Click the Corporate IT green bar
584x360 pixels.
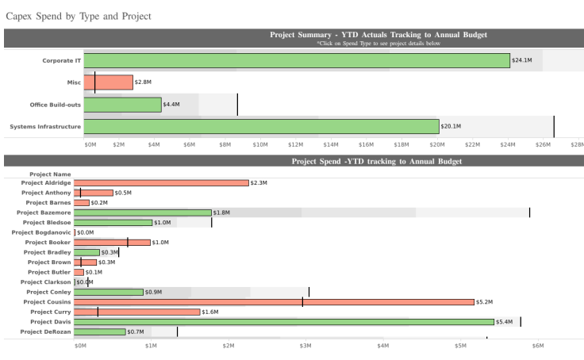point(297,60)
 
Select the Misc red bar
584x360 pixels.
point(108,82)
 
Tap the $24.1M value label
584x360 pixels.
point(522,60)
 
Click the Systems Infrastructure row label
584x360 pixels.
point(45,126)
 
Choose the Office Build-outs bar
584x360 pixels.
point(122,104)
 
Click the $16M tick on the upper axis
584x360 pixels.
point(366,144)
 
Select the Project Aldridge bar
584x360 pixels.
point(161,182)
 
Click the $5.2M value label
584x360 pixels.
point(484,302)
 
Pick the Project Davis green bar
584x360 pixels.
point(284,322)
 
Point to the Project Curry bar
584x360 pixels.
point(137,312)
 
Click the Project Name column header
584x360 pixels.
point(50,174)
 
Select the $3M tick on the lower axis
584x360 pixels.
point(305,346)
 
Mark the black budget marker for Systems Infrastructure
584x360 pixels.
point(554,126)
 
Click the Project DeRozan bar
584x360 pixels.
point(100,331)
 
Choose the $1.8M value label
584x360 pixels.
point(222,213)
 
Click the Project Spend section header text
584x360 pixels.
point(376,161)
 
